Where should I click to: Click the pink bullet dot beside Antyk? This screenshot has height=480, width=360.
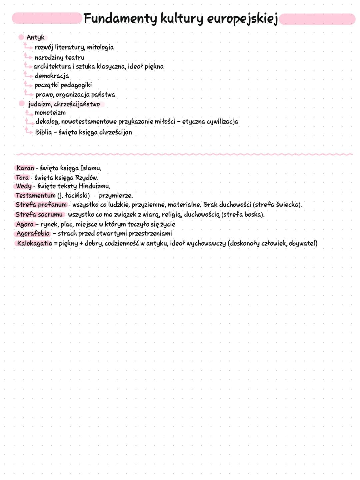click(21, 37)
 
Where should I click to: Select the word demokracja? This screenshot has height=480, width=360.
click(52, 76)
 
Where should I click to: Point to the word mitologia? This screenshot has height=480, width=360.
click(100, 48)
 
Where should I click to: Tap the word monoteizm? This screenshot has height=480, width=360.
click(50, 113)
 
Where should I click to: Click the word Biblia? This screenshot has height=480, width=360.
click(44, 132)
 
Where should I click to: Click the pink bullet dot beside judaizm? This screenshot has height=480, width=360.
click(22, 104)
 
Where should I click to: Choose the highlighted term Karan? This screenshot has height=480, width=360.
click(25, 168)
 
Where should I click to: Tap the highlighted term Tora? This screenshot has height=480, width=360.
click(22, 178)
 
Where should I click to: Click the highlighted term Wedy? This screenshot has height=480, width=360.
click(24, 186)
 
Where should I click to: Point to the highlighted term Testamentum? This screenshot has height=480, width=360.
click(35, 195)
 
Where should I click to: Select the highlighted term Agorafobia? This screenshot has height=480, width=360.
click(33, 233)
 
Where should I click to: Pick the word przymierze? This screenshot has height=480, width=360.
click(116, 196)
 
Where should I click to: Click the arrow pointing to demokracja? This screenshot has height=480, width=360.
click(28, 75)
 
